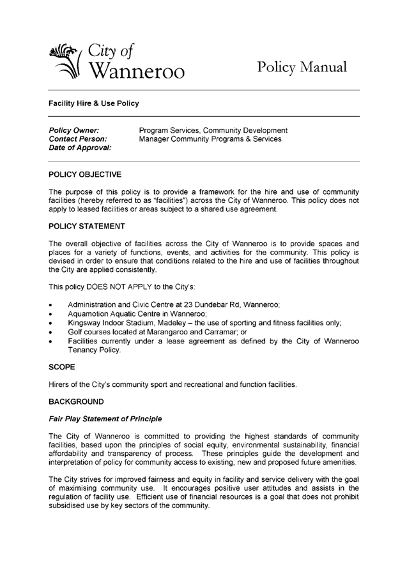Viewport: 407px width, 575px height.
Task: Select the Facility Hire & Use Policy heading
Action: pos(94,103)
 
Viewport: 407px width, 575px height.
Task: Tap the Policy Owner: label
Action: pos(73,131)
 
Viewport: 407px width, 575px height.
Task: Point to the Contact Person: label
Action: pos(78,139)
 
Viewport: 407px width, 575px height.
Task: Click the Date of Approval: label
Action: pos(81,148)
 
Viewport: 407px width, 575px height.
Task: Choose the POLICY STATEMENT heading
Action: pos(88,227)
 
